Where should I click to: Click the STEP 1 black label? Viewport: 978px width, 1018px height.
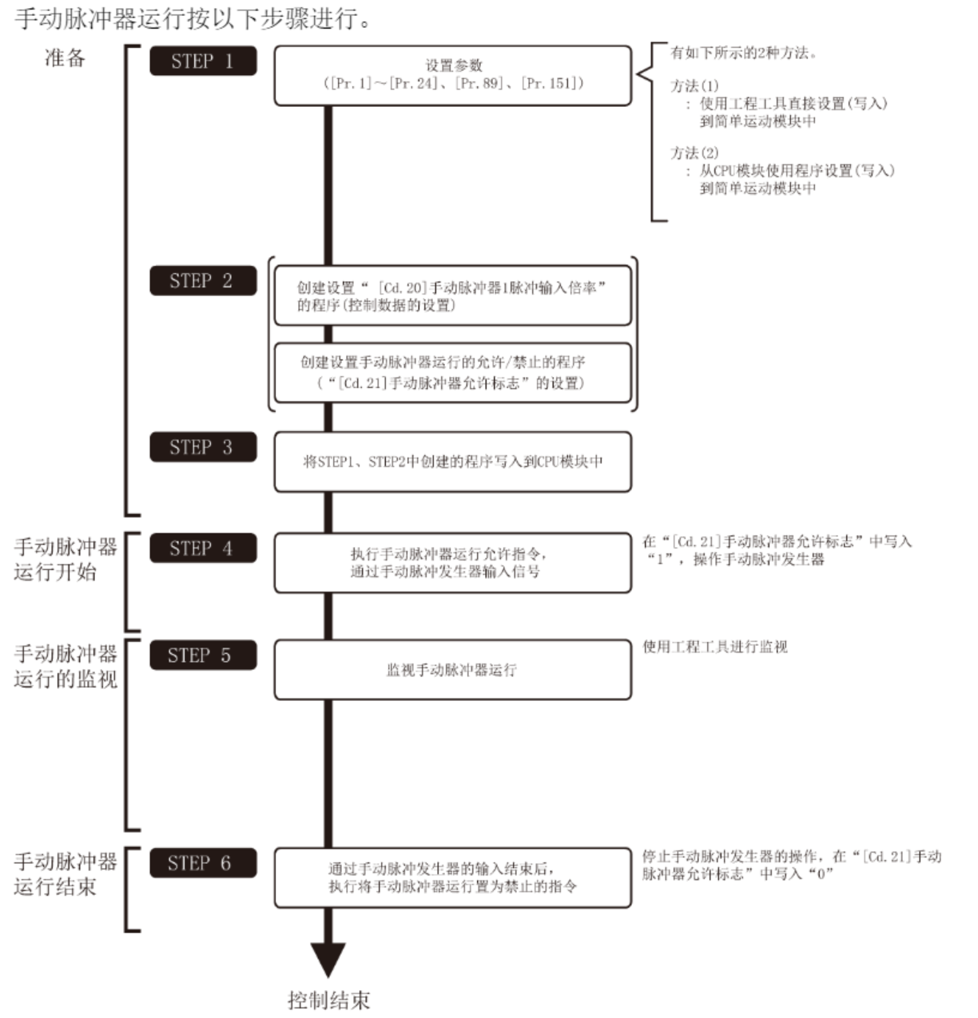[x=203, y=61]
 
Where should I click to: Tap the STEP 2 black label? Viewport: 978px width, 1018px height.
[x=203, y=281]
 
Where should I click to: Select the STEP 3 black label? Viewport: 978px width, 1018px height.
[x=203, y=447]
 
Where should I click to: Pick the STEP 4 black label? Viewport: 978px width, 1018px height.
[x=203, y=549]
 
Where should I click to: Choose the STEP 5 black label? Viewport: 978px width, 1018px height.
[x=203, y=656]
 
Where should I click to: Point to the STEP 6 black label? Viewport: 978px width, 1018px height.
[x=203, y=863]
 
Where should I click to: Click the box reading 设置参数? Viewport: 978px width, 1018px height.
[x=452, y=75]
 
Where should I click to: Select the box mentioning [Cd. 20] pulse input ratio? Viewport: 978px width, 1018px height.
[x=452, y=296]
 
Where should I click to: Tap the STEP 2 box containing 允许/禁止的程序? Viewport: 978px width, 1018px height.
[x=452, y=373]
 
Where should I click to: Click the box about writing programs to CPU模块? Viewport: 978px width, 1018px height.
[x=452, y=461]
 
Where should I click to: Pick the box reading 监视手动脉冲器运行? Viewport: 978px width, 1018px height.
[x=452, y=670]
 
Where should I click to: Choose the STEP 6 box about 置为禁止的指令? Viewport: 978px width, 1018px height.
[x=452, y=877]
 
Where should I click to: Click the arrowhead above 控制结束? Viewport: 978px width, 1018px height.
[x=328, y=958]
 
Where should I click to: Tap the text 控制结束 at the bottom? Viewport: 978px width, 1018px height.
[x=328, y=1000]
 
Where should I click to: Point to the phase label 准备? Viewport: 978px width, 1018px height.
[x=65, y=58]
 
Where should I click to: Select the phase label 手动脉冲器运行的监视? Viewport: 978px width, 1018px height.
[x=66, y=667]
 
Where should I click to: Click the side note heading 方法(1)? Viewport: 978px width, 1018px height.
[x=694, y=85]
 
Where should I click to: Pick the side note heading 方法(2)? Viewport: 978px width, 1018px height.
[x=694, y=153]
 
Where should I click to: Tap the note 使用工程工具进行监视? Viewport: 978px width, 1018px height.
[x=715, y=647]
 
